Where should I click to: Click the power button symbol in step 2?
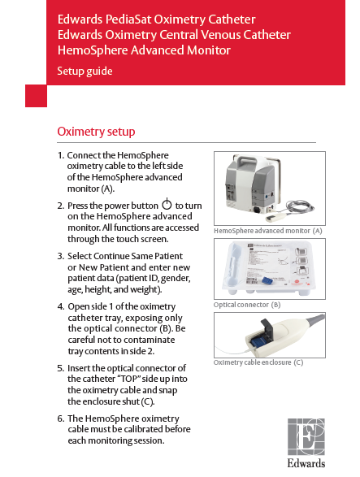(167, 204)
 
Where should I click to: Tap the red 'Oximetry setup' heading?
(96, 132)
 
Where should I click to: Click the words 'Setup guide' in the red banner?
(85, 72)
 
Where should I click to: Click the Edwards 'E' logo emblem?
(306, 437)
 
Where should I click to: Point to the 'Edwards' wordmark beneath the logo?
(306, 463)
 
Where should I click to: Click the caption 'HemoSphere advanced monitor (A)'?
(268, 231)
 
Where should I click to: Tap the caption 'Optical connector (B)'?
(247, 305)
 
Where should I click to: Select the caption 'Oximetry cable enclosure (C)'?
(258, 362)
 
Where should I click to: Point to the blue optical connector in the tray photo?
(267, 281)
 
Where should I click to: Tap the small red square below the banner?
(36, 96)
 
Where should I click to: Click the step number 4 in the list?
(61, 306)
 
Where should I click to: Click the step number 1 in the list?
(61, 155)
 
